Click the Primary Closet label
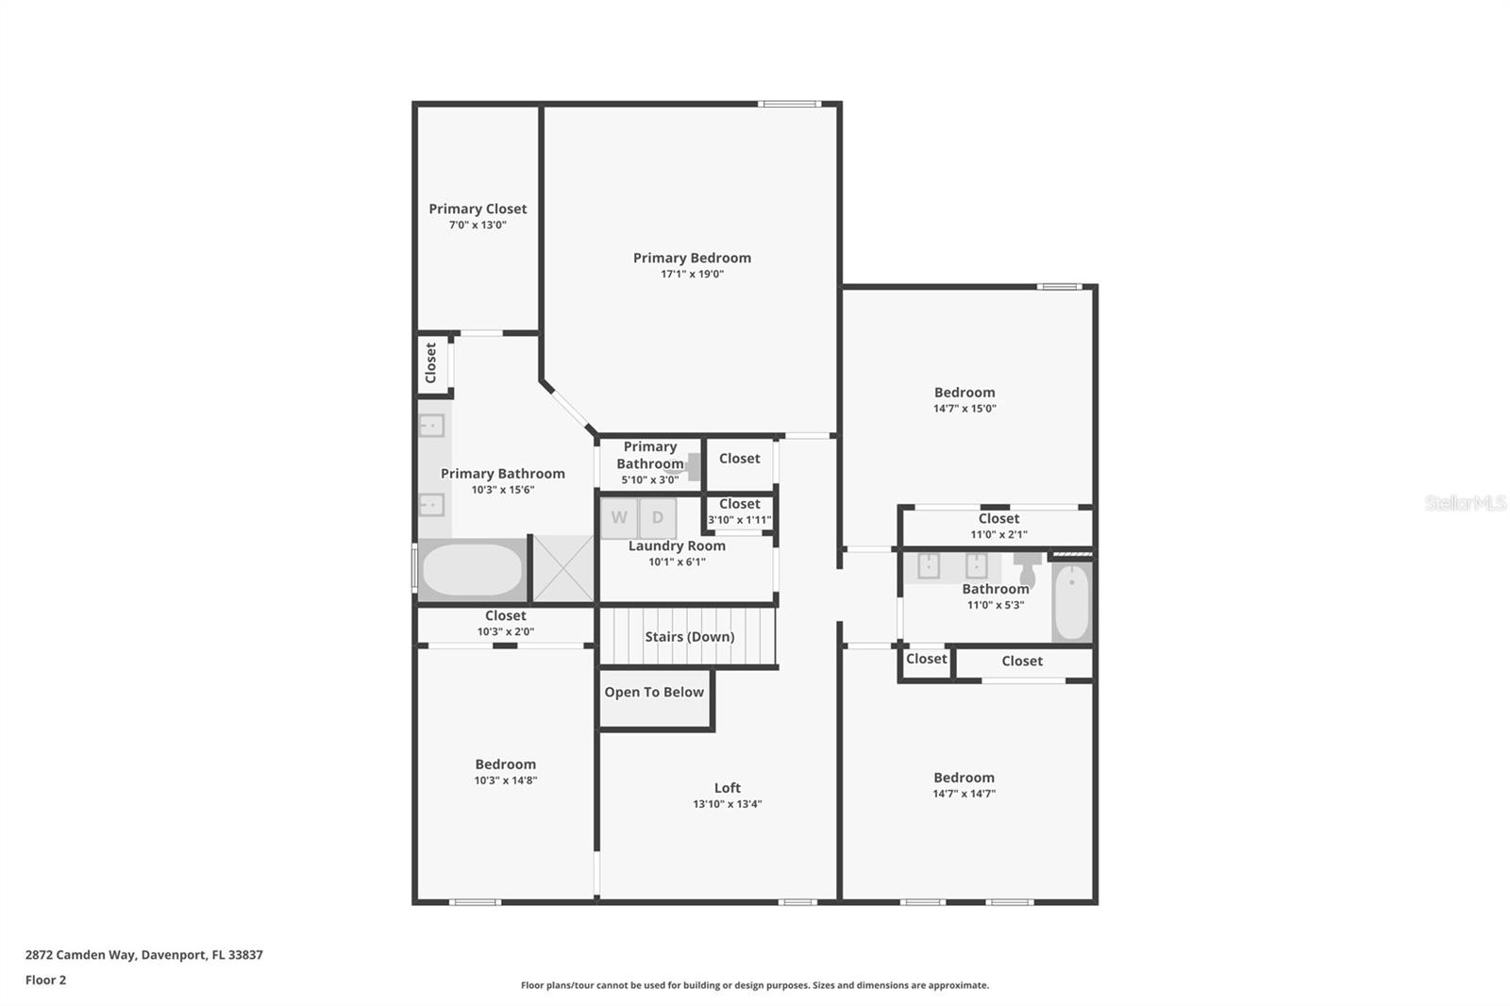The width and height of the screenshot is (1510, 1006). coord(478,209)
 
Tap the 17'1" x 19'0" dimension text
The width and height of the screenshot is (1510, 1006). coord(692,275)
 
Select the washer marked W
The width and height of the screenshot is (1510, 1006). coord(619,518)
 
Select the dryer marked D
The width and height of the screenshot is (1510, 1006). coord(658,518)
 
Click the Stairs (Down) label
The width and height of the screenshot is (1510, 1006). coord(689,637)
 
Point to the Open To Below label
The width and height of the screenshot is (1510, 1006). coord(654,693)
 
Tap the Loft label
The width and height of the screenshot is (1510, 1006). coord(727,788)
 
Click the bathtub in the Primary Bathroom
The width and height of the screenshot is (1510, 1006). coord(471,570)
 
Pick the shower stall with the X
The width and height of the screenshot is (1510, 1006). coord(563,568)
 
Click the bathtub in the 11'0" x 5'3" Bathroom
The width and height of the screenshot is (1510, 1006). coord(1071,602)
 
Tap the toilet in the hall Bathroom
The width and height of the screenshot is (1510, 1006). coord(1028,570)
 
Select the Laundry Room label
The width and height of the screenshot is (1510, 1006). coord(677,546)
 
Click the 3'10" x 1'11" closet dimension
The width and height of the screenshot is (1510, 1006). coord(739,520)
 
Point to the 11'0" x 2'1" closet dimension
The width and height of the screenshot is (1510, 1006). coord(998,535)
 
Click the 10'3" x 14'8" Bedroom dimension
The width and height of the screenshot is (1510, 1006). coord(505,781)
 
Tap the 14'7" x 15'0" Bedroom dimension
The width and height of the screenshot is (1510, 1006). coord(965,410)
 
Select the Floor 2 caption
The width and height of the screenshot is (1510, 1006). coord(45,981)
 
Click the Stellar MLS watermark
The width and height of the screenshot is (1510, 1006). coord(1465,503)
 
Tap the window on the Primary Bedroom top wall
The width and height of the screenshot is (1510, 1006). coord(790,104)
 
